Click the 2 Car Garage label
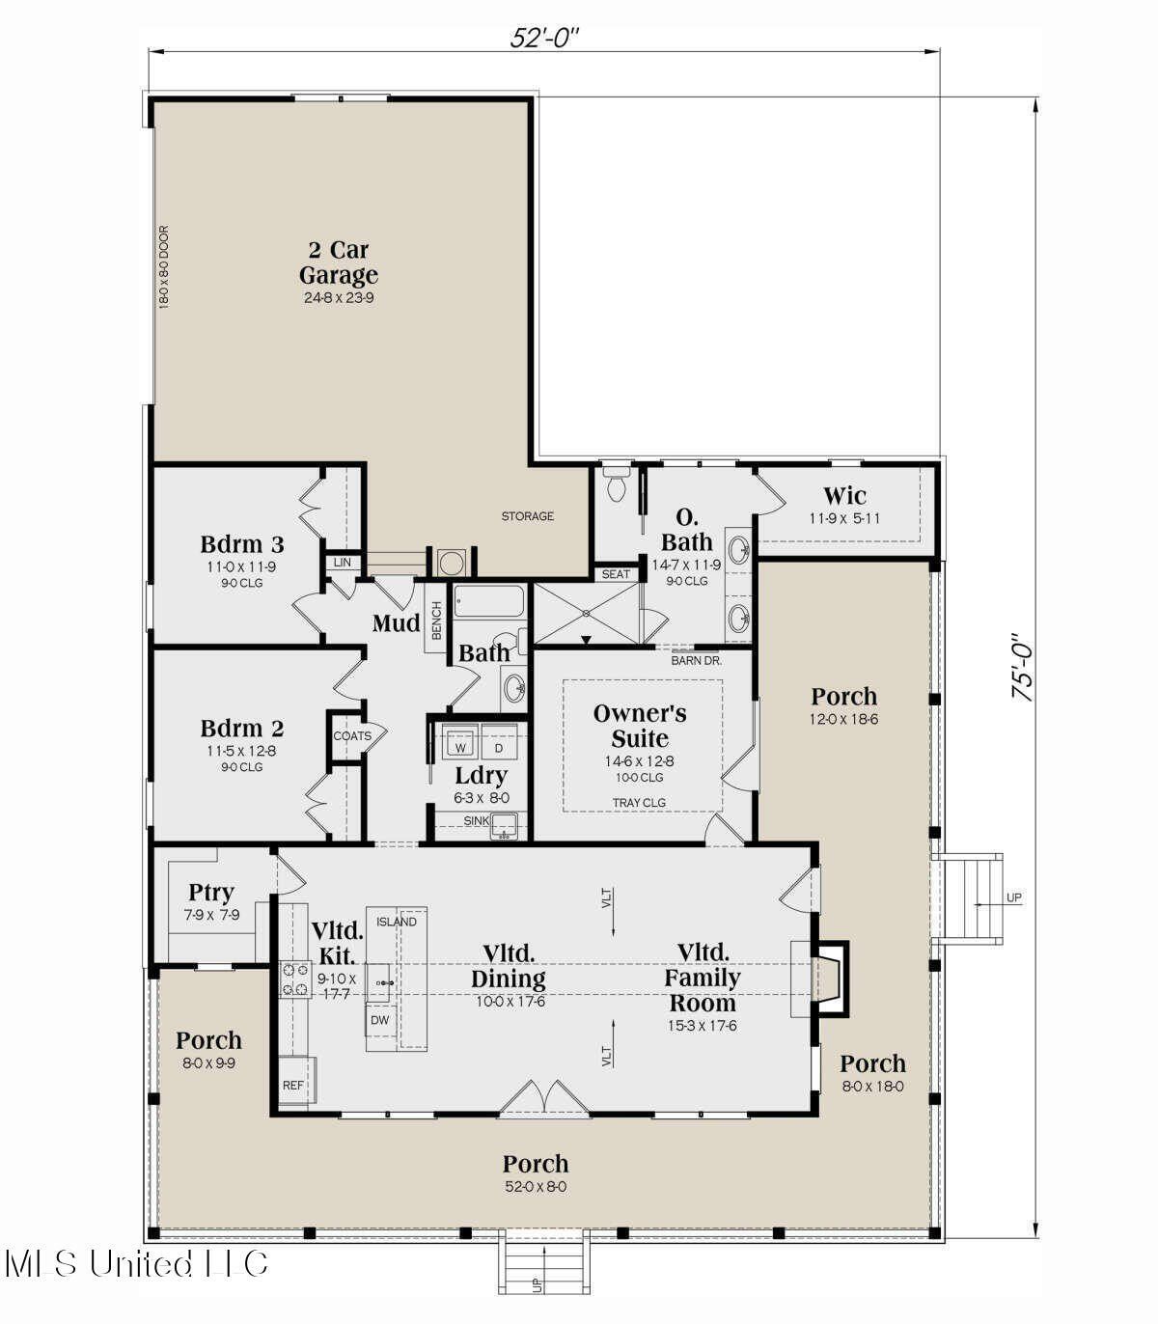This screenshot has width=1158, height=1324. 338,262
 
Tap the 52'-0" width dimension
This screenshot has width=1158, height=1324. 544,38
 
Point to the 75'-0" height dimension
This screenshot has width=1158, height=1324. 1022,667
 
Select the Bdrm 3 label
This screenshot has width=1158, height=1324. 242,544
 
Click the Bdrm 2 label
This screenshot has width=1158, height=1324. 242,729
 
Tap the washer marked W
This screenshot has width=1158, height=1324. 461,747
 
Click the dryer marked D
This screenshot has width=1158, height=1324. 499,747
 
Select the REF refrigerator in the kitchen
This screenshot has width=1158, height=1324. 294,1084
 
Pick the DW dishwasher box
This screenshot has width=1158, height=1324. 380,1020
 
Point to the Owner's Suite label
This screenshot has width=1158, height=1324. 640,726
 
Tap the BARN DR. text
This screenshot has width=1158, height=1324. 696,661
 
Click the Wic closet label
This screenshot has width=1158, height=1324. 844,497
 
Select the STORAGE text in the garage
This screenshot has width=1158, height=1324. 527,516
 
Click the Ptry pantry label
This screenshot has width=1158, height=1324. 211,893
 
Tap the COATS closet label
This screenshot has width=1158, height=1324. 352,735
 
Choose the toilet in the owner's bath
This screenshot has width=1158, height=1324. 615,485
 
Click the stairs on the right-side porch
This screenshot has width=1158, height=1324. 975,897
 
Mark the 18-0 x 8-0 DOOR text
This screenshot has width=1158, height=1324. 163,267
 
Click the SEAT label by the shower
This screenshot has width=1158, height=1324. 616,574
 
